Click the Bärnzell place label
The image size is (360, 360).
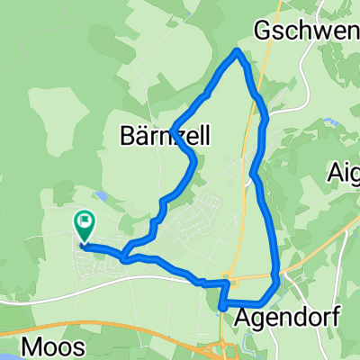(165, 137)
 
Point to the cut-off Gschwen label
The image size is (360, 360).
(307, 30)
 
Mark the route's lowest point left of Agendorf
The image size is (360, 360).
(221, 308)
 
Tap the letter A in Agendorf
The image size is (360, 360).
(243, 318)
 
